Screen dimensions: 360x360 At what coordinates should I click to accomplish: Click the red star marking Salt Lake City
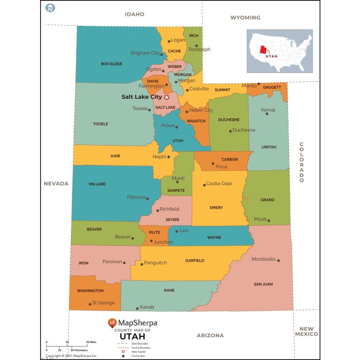click(166, 97)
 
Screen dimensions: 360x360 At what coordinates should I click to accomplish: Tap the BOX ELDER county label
click(112, 64)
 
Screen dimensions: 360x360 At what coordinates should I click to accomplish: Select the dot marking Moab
click(268, 220)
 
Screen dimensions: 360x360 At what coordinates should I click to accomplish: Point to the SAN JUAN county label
click(263, 284)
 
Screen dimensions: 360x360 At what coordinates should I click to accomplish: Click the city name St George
click(103, 303)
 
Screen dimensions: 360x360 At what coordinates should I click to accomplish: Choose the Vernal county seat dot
click(267, 114)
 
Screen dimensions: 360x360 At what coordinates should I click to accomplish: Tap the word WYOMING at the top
click(245, 17)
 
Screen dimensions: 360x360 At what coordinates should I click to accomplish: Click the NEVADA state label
click(56, 184)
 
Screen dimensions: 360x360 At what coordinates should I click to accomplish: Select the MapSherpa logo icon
click(112, 323)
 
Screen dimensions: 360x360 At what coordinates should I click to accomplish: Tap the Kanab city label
click(147, 307)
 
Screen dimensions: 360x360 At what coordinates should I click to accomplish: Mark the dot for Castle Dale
click(204, 184)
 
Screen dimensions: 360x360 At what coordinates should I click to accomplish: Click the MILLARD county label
click(97, 184)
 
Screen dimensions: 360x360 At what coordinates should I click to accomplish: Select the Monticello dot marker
click(278, 260)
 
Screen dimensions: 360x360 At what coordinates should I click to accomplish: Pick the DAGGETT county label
click(272, 88)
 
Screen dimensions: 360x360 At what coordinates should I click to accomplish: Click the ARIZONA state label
click(210, 335)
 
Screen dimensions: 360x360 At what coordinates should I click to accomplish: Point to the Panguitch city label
click(155, 263)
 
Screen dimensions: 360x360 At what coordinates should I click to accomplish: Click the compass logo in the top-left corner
click(50, 8)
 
